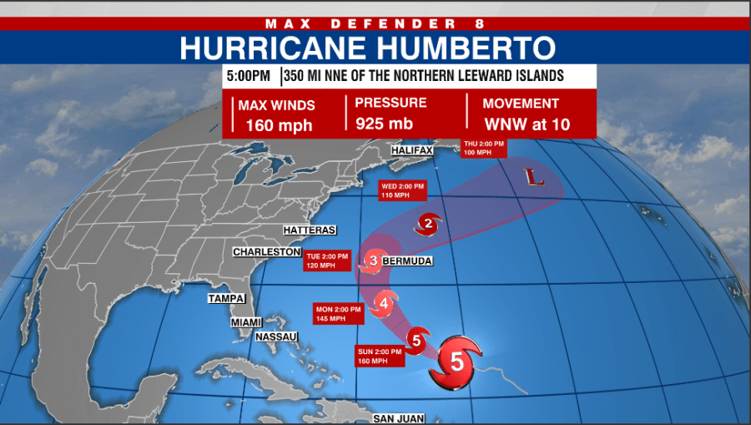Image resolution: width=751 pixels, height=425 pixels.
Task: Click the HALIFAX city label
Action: point(412,150)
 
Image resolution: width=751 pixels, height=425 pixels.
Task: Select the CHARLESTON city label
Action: point(266,252)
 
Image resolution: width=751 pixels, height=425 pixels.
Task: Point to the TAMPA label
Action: point(225,298)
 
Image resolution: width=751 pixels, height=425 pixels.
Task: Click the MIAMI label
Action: point(246,322)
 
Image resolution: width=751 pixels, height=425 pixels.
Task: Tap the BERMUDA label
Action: point(407,261)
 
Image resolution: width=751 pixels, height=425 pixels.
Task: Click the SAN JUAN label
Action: point(399,418)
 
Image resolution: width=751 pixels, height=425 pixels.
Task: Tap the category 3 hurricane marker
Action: point(374,261)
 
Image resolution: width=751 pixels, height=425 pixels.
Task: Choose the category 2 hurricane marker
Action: point(428,223)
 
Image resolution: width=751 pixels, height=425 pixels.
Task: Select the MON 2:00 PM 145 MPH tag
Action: point(338,314)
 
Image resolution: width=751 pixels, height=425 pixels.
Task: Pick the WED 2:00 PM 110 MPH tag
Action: point(402,190)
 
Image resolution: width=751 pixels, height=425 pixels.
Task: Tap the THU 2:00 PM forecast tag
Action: point(485,148)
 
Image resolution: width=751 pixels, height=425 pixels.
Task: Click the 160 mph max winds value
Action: point(279,127)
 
